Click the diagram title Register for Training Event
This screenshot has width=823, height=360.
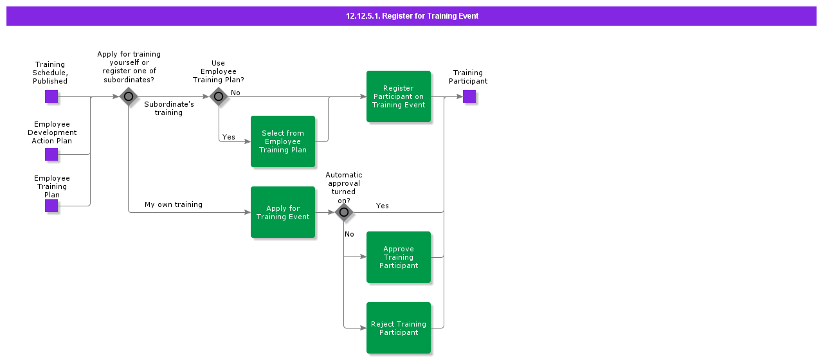click(412, 16)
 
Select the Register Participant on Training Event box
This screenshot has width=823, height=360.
click(399, 96)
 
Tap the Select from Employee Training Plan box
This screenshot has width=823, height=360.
click(283, 141)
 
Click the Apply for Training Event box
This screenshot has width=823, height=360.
click(283, 212)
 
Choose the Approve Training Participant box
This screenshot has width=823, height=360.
click(399, 257)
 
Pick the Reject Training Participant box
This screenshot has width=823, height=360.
click(399, 328)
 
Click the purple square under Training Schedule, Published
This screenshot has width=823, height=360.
click(51, 96)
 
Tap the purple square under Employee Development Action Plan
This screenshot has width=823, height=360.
click(51, 154)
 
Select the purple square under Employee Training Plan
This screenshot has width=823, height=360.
click(51, 206)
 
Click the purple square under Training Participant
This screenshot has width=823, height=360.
click(469, 96)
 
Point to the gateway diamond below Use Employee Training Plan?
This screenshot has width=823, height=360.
click(219, 97)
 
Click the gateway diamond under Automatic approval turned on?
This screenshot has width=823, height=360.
click(344, 212)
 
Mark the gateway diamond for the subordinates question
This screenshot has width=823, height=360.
click(129, 97)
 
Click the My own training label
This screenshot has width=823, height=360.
click(174, 204)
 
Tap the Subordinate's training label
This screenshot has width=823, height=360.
click(168, 108)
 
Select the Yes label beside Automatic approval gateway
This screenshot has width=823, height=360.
click(383, 206)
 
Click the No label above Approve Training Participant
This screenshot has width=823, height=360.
click(349, 234)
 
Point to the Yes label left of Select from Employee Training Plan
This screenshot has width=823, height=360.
click(229, 137)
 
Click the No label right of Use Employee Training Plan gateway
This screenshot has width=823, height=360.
click(235, 93)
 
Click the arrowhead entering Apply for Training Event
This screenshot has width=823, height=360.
click(247, 212)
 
